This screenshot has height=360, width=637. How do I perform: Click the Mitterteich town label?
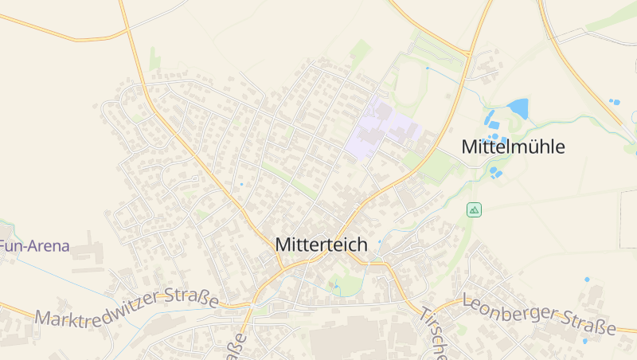tap(321, 245)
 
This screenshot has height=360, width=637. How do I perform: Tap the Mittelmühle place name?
tap(514, 147)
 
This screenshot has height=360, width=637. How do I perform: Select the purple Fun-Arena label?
tap(34, 246)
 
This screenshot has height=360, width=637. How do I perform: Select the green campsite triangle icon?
tap(474, 210)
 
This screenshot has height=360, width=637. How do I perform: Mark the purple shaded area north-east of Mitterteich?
tap(381, 127)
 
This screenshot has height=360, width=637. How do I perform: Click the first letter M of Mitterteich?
tap(282, 245)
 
